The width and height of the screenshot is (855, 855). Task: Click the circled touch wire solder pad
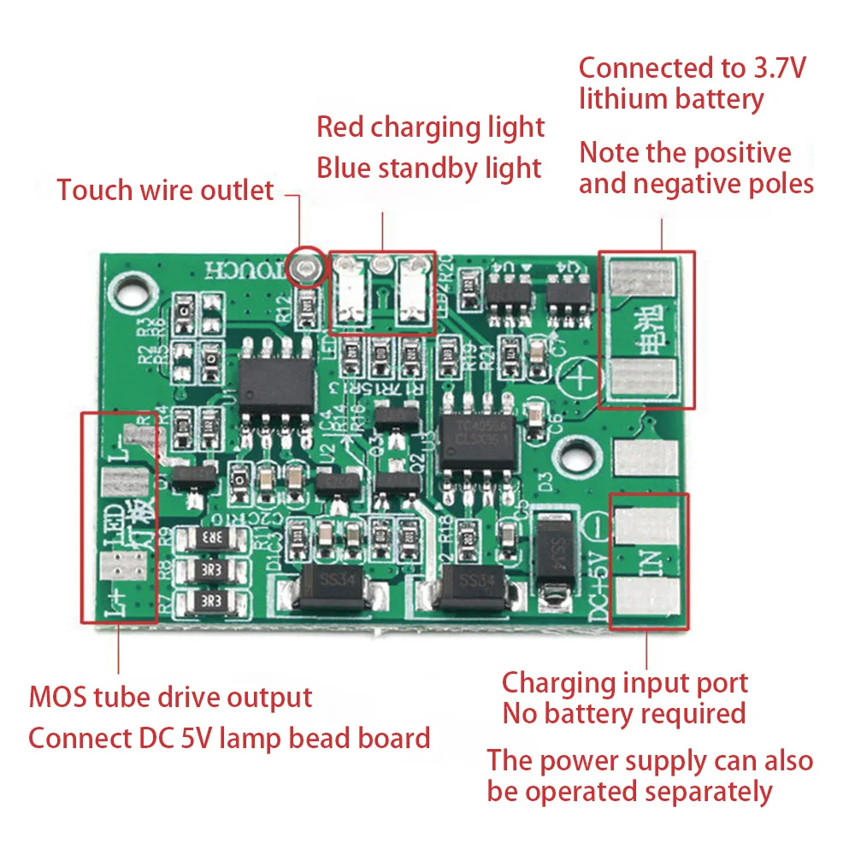pyautogui.click(x=306, y=268)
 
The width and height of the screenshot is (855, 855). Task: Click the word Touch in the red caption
pyautogui.click(x=93, y=190)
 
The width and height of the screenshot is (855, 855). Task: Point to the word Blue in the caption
pyautogui.click(x=345, y=168)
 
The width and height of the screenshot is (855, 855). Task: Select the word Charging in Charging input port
pyautogui.click(x=556, y=683)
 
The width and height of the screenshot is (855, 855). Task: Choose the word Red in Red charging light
pyautogui.click(x=341, y=127)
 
